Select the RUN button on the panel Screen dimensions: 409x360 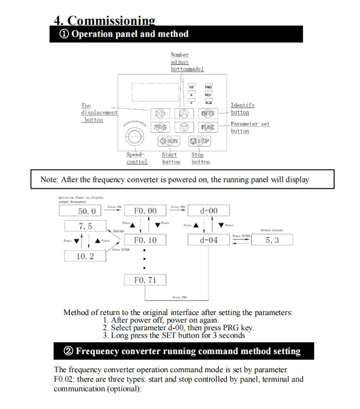click(x=169, y=141)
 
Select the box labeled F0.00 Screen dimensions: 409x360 click(x=145, y=211)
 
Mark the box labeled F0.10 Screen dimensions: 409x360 click(x=145, y=240)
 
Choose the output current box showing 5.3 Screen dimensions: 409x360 click(x=272, y=240)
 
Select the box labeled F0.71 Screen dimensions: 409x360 click(x=145, y=280)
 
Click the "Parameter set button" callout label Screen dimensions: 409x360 click(x=250, y=127)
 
